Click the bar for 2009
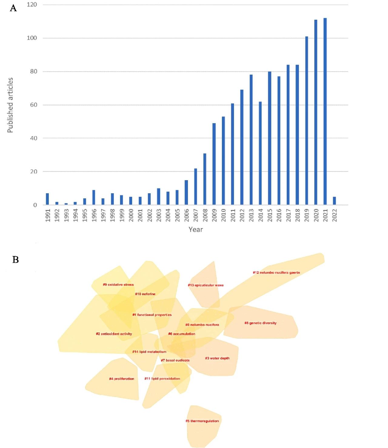(214, 164)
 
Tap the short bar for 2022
(334, 201)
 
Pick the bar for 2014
(260, 153)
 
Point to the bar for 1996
(94, 197)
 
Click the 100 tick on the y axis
(32, 38)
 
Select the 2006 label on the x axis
(186, 215)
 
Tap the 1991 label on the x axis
(48, 215)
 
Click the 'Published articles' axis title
(10, 105)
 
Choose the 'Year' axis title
(196, 230)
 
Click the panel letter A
(13, 8)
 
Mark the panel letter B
(15, 260)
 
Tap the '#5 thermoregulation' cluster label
(202, 421)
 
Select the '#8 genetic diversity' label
(260, 323)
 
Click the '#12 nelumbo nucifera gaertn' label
(276, 273)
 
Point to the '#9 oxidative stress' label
(118, 285)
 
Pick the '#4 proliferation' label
(122, 379)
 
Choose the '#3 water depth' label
(217, 358)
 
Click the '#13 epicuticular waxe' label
(206, 285)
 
